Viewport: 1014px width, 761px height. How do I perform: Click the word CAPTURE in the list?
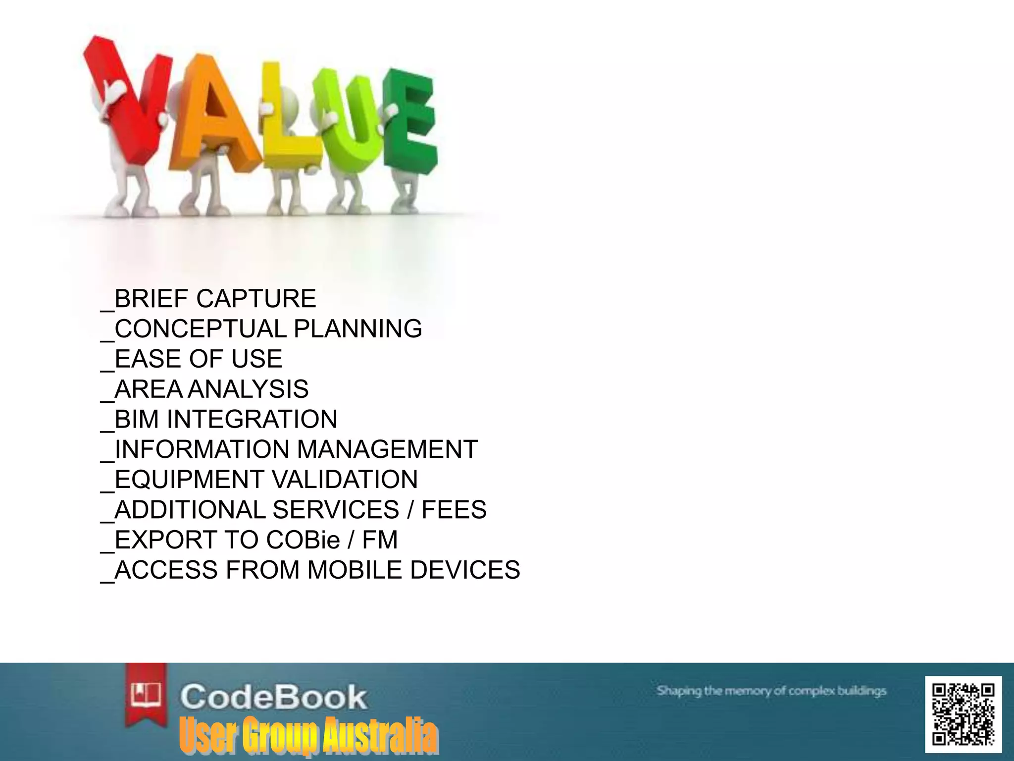[x=256, y=299]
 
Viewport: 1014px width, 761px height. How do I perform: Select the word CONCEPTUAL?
[x=200, y=329]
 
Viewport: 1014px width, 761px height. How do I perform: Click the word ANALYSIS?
[x=248, y=389]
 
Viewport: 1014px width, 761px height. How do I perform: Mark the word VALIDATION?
[x=345, y=480]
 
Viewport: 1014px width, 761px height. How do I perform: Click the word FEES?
[x=454, y=510]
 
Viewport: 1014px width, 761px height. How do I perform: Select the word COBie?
[x=303, y=541]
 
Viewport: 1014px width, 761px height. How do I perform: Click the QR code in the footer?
[x=963, y=714]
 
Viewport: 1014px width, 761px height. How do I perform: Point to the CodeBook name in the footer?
[x=273, y=697]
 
